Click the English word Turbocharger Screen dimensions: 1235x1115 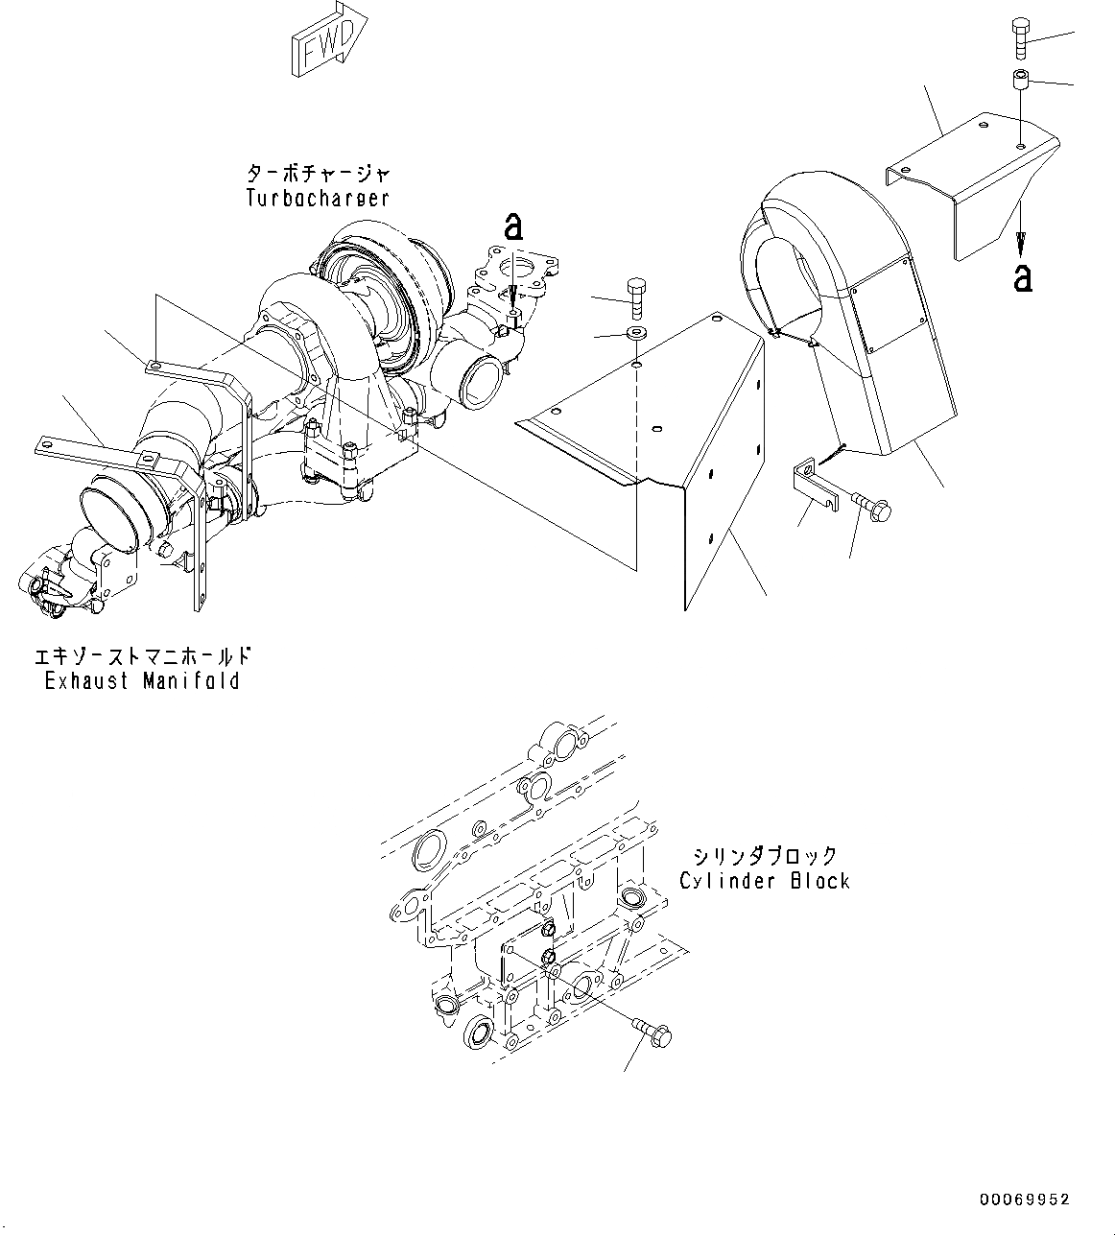[318, 198]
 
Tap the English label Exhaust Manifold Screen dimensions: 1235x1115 [142, 681]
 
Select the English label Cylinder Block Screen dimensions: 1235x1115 [764, 880]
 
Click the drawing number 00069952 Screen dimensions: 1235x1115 [1024, 1199]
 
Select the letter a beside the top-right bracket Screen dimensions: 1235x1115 [1024, 277]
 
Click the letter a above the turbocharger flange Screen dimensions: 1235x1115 [514, 226]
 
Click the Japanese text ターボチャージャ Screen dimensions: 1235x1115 [319, 174]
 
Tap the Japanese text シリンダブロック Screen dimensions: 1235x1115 [765, 855]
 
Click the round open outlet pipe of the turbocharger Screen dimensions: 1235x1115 [480, 380]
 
